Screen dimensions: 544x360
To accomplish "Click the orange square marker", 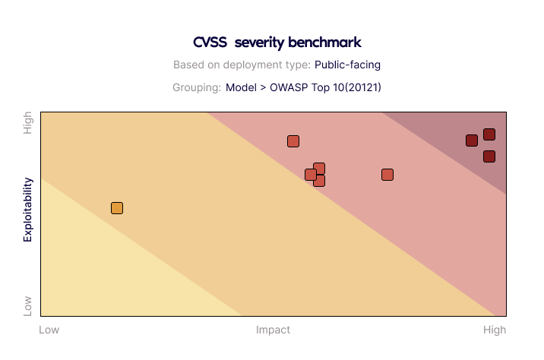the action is tap(117, 208).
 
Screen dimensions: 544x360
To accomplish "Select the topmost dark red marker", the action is tap(489, 134).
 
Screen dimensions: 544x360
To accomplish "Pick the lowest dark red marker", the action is tap(489, 156).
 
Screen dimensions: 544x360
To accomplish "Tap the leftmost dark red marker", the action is tap(472, 141).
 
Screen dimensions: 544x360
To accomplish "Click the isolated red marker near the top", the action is tap(293, 141).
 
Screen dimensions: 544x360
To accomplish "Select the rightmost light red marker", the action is tap(387, 175).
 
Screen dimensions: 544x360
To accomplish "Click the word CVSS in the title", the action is tap(210, 43).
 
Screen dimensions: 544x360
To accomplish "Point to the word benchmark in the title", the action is tap(324, 43).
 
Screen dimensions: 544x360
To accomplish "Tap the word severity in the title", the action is tap(259, 43).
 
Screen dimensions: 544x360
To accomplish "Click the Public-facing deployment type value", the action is tap(347, 65).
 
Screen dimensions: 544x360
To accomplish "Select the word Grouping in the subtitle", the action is tap(197, 88).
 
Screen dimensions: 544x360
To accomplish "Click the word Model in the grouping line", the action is tap(241, 87).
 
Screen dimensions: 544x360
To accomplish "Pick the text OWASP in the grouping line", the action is tap(289, 87).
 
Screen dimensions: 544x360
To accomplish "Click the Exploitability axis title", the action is tap(28, 210).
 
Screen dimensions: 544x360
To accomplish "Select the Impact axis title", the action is tap(273, 330).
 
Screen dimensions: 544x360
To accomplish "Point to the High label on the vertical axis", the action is tap(27, 123).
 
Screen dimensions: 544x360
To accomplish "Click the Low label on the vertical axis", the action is tap(27, 306).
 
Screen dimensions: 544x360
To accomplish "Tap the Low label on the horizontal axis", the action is tap(49, 330).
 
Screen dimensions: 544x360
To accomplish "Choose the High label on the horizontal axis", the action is tap(495, 330).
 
